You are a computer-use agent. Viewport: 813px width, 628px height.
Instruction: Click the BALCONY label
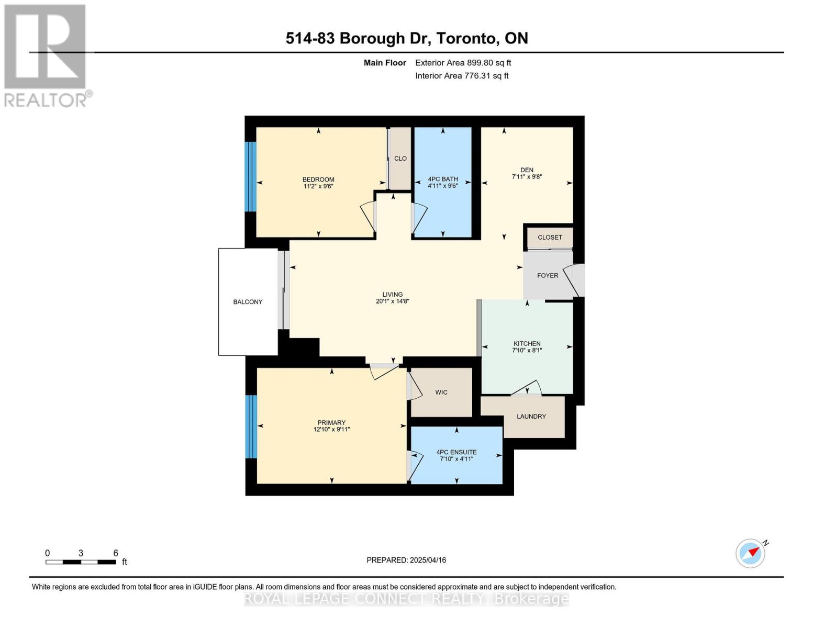click(x=248, y=302)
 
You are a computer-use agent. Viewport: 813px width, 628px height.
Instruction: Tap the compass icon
click(x=751, y=553)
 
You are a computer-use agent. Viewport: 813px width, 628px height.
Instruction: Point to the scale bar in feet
click(x=81, y=562)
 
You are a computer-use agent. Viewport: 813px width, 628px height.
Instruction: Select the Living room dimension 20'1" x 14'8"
click(x=392, y=301)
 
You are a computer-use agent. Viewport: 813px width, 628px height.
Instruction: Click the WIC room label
click(x=441, y=392)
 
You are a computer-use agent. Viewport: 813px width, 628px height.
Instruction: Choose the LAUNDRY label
click(x=531, y=417)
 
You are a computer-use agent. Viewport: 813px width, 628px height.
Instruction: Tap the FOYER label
click(x=548, y=276)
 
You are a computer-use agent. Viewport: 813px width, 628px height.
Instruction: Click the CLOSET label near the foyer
click(x=550, y=238)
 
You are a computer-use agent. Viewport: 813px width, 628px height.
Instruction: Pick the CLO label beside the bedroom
click(x=400, y=159)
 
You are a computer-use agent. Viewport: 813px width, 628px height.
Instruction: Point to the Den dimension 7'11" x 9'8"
click(x=527, y=177)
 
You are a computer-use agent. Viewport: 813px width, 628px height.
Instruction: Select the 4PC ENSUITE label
click(x=456, y=452)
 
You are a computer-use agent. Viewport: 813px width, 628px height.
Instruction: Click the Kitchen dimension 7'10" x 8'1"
click(x=527, y=351)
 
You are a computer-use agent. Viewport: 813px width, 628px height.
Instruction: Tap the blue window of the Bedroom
click(x=251, y=176)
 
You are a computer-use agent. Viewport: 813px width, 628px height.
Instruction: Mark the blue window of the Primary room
click(x=251, y=427)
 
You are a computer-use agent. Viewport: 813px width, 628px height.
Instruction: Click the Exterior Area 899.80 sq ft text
click(x=463, y=63)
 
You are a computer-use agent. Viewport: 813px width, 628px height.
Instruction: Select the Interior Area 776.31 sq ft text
click(x=462, y=76)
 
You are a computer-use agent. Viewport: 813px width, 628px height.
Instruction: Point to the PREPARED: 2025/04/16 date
click(x=406, y=560)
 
